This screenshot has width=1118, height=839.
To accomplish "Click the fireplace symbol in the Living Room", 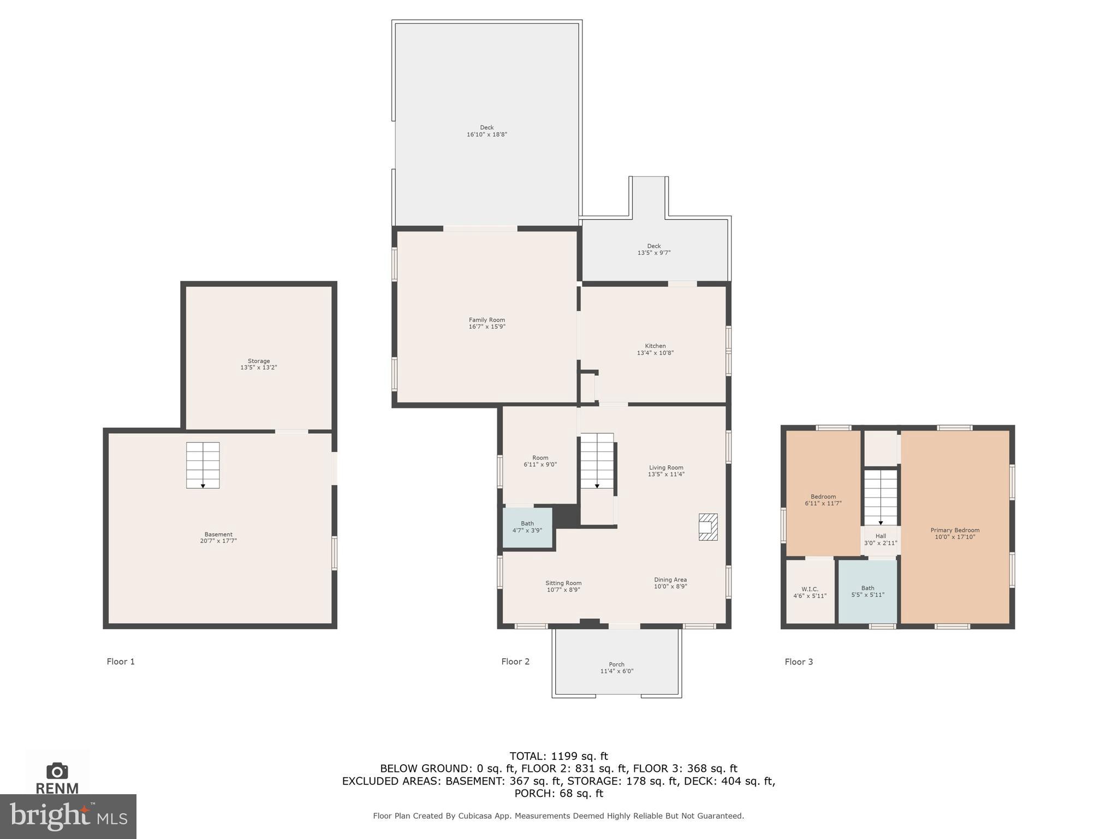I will tap(708, 527).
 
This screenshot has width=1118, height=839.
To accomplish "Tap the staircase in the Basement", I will tap(203, 465).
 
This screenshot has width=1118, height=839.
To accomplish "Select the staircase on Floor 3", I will tap(880, 497).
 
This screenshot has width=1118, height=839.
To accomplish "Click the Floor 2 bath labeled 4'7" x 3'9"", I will tap(527, 527).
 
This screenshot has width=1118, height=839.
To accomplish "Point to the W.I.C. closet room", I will tap(810, 592).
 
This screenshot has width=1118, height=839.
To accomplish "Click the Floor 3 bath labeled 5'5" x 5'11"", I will tap(867, 592).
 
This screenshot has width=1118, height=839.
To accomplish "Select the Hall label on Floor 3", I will tap(881, 536).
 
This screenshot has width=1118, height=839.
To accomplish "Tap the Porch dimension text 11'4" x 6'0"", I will tap(617, 671).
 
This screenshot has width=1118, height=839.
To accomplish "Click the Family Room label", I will tap(486, 320).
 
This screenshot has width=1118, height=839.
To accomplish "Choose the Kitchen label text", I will tap(655, 346).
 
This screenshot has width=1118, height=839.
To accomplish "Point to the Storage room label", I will tap(259, 361).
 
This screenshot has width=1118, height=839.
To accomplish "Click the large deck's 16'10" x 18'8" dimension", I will tap(486, 134).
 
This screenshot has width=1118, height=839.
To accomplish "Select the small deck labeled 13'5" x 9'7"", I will tap(653, 250).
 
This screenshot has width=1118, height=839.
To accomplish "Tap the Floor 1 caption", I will tap(121, 661).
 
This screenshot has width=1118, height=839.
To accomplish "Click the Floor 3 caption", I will tap(799, 661).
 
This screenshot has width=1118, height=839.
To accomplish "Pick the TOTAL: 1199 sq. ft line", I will tap(558, 756).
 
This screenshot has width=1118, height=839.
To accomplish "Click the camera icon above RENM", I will tap(57, 771).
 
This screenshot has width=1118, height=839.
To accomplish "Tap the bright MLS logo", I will tap(68, 817).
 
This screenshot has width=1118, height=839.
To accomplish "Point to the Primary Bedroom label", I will tap(955, 530).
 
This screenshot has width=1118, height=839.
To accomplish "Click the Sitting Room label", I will tap(563, 583).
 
